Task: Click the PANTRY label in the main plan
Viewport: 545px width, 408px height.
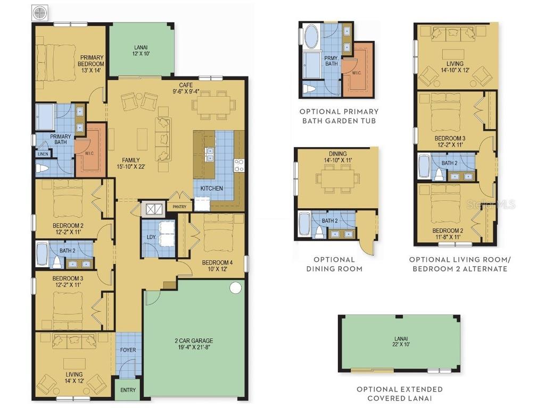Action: pyautogui.click(x=179, y=207)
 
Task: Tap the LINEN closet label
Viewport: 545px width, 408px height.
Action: pyautogui.click(x=43, y=154)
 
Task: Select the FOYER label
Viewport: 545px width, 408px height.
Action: pyautogui.click(x=128, y=350)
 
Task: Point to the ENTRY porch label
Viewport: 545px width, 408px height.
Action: pyautogui.click(x=128, y=390)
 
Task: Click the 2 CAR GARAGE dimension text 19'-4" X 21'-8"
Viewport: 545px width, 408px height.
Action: pyautogui.click(x=194, y=347)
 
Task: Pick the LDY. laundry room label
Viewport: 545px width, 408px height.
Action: pyautogui.click(x=151, y=237)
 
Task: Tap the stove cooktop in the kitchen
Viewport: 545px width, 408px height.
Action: pyautogui.click(x=239, y=165)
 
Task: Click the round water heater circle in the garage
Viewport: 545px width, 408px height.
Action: pyautogui.click(x=235, y=287)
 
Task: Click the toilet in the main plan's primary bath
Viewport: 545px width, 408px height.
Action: pyautogui.click(x=42, y=168)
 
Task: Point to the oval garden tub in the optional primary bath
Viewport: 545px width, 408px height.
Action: pyautogui.click(x=312, y=37)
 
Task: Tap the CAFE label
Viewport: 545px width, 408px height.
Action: pyautogui.click(x=186, y=85)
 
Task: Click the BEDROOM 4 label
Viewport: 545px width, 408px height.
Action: pyautogui.click(x=217, y=262)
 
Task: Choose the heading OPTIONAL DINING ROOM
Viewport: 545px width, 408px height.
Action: pyautogui.click(x=334, y=264)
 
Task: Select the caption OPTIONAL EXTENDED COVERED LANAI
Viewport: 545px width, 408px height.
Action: pyautogui.click(x=400, y=394)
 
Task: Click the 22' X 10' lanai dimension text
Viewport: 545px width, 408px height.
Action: pyautogui.click(x=401, y=344)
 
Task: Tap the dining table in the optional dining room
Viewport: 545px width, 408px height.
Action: pyautogui.click(x=337, y=178)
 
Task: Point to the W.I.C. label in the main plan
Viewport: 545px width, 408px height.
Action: pyautogui.click(x=89, y=153)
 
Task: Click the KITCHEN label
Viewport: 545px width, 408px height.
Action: pyautogui.click(x=212, y=189)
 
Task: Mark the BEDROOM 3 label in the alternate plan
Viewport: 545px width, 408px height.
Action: pyautogui.click(x=450, y=139)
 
